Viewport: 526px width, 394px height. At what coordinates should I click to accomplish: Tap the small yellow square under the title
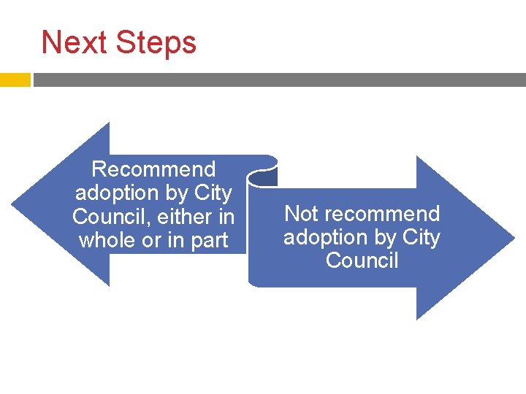pyautogui.click(x=15, y=80)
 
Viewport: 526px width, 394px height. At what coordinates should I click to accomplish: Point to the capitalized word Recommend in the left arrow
pyautogui.click(x=153, y=169)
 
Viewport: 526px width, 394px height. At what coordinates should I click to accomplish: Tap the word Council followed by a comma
pyautogui.click(x=110, y=217)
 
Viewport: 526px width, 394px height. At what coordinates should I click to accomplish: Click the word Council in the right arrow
pyautogui.click(x=362, y=260)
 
